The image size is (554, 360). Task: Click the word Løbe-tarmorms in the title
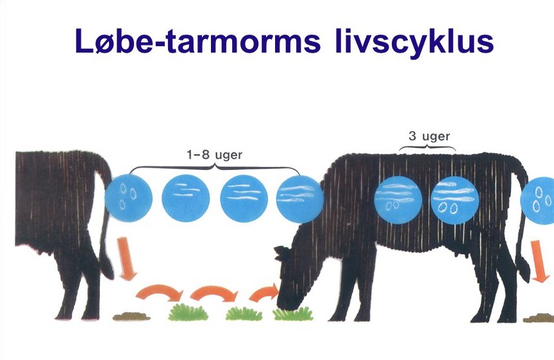[198, 40]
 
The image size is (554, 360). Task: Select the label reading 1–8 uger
[214, 155]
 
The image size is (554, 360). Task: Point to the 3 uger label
[429, 136]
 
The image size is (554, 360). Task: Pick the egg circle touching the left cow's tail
[129, 198]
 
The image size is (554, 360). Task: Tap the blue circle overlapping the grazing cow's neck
[299, 199]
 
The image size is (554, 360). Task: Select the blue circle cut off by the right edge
[537, 200]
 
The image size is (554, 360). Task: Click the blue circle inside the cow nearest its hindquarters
[455, 200]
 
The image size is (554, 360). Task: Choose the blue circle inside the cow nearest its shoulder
[398, 200]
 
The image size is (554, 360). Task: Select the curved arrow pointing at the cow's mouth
[264, 292]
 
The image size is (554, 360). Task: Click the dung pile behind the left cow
[131, 316]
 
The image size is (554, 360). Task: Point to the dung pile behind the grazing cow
[539, 318]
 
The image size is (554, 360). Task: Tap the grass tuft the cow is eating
[293, 314]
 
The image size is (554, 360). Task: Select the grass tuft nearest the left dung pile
[189, 313]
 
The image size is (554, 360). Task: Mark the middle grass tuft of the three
[244, 314]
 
